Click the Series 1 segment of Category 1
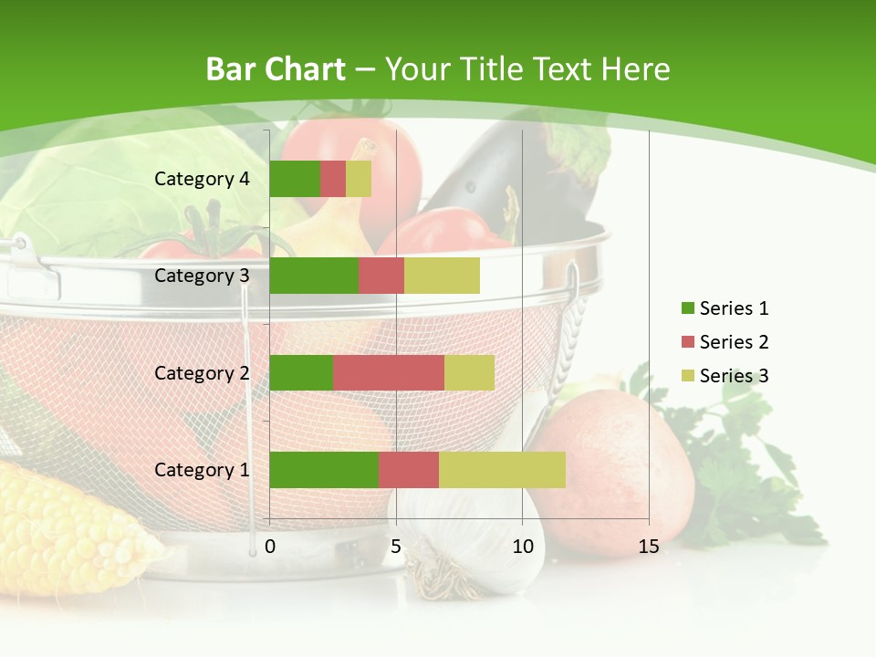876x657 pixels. click(x=324, y=470)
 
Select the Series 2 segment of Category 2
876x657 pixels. click(x=389, y=372)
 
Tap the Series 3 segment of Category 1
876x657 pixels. click(x=502, y=470)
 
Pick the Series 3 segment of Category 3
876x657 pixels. click(x=442, y=276)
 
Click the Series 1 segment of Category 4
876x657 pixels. click(x=295, y=179)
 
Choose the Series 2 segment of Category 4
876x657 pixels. click(x=333, y=179)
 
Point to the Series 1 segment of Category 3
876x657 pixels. click(x=314, y=276)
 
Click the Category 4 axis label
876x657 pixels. click(x=202, y=179)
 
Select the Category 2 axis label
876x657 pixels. click(x=202, y=373)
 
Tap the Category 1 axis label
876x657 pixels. click(x=202, y=470)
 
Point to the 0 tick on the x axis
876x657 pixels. click(x=270, y=547)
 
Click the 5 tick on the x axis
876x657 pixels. click(x=396, y=547)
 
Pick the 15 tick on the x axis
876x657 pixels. click(x=649, y=547)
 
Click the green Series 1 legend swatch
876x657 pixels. click(x=687, y=308)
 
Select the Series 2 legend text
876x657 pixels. click(x=734, y=342)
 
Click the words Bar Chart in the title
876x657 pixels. click(x=276, y=69)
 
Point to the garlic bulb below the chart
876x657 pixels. click(x=474, y=547)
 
